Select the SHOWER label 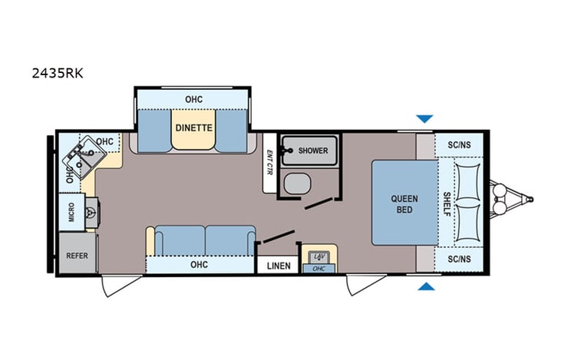(x=314, y=150)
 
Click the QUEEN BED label (x=404, y=204)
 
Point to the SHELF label (x=448, y=204)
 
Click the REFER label (x=77, y=255)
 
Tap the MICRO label (x=71, y=212)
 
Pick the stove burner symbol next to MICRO (x=93, y=212)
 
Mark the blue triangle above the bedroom (x=424, y=119)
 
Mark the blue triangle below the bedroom (x=425, y=287)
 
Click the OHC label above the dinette (x=193, y=99)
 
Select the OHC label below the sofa (x=199, y=265)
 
